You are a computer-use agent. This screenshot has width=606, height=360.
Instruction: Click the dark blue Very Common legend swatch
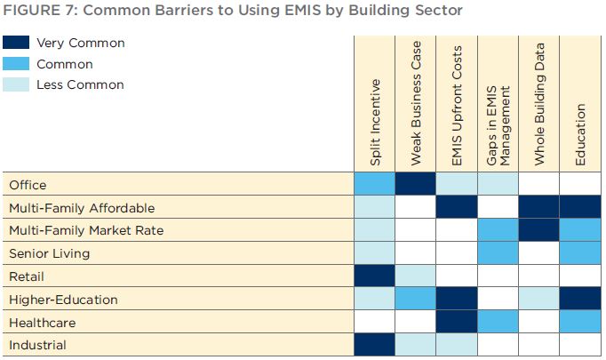[16, 43]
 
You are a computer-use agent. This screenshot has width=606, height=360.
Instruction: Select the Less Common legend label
[80, 84]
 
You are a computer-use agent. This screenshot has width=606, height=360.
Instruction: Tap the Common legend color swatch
[16, 64]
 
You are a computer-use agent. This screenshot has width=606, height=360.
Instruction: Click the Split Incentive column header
[375, 123]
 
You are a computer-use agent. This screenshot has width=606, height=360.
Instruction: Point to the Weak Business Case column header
[416, 103]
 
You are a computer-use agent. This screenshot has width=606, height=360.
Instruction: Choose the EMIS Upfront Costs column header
[457, 106]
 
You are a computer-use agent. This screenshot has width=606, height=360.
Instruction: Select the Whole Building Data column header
[539, 104]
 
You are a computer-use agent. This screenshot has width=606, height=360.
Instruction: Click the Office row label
[28, 185]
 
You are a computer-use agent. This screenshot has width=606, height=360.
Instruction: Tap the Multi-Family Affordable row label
[82, 208]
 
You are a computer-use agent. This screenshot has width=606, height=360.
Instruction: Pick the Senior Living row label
[50, 253]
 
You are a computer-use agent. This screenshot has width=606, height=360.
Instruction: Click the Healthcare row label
[43, 323]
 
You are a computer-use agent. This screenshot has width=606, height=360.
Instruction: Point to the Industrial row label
[37, 345]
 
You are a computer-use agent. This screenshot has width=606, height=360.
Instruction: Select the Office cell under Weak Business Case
[416, 184]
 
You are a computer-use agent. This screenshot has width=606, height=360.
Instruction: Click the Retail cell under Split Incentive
[374, 276]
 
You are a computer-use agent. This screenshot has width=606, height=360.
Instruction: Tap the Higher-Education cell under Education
[580, 299]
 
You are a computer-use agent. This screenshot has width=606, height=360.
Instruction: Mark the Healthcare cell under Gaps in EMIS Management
[498, 321]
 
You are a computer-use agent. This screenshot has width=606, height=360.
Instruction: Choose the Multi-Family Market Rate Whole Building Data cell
[539, 230]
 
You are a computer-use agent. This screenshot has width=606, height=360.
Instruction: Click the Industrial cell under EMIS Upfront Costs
[457, 345]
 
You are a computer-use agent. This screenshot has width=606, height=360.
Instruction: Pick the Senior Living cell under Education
[580, 253]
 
